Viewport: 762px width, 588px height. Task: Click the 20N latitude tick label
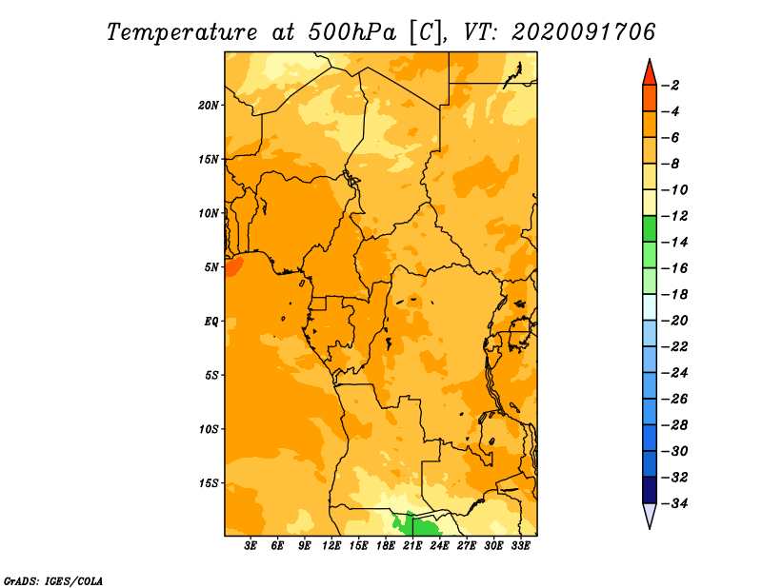pos(209,106)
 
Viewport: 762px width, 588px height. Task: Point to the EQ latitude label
pos(211,322)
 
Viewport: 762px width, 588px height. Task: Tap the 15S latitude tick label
pos(209,483)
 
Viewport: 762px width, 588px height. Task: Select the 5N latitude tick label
pos(211,267)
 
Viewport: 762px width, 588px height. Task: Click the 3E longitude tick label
pos(251,546)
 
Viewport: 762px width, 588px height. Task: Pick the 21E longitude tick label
pos(412,546)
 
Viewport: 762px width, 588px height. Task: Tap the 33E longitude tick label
pos(520,546)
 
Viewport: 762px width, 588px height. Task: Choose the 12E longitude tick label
pos(331,546)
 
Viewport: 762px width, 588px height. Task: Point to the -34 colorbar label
pos(674,503)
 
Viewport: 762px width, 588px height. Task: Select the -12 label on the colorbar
pos(674,216)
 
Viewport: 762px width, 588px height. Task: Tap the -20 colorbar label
pos(674,321)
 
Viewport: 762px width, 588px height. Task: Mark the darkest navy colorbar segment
pos(650,490)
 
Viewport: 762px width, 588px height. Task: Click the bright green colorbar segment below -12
pos(650,228)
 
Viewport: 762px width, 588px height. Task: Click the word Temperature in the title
pos(182,32)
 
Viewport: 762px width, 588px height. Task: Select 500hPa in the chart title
pos(351,32)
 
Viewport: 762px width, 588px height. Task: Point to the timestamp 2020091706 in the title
pos(584,32)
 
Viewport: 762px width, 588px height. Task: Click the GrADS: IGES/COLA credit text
pos(53,581)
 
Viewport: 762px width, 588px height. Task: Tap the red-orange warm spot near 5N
pos(234,267)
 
